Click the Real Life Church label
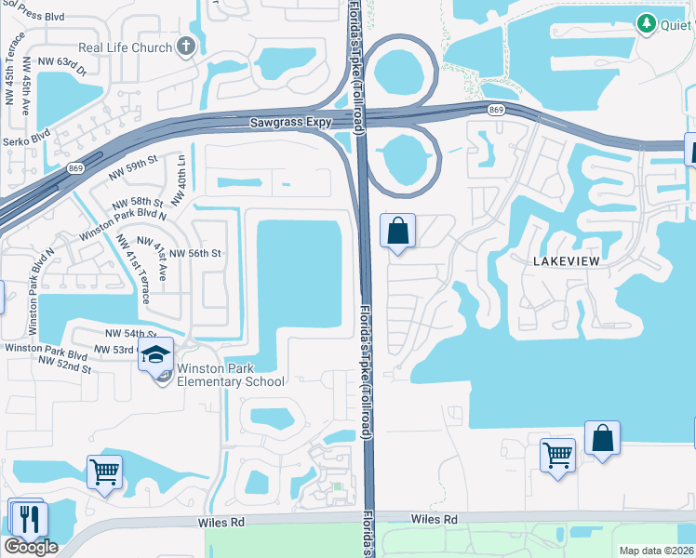point(139,47)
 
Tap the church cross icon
point(185,46)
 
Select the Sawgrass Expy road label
point(285,122)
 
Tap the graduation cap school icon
point(156,354)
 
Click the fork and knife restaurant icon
point(26,518)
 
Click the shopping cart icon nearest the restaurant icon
point(104,471)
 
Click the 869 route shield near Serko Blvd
point(75,169)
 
